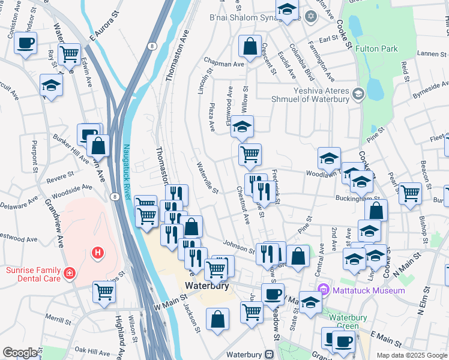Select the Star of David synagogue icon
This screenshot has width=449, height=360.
[310, 15]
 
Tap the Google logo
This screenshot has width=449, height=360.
[20, 353]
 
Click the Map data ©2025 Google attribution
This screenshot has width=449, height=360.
[411, 355]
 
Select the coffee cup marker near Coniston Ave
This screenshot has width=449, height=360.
[25, 43]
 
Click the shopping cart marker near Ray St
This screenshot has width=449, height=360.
[69, 54]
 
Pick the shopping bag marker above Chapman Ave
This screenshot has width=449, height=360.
[250, 46]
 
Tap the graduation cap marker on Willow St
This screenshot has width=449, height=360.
[243, 127]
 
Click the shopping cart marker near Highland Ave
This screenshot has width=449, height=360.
[104, 292]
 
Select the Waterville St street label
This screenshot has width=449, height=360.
[207, 178]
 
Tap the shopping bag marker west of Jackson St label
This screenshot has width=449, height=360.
[217, 319]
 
